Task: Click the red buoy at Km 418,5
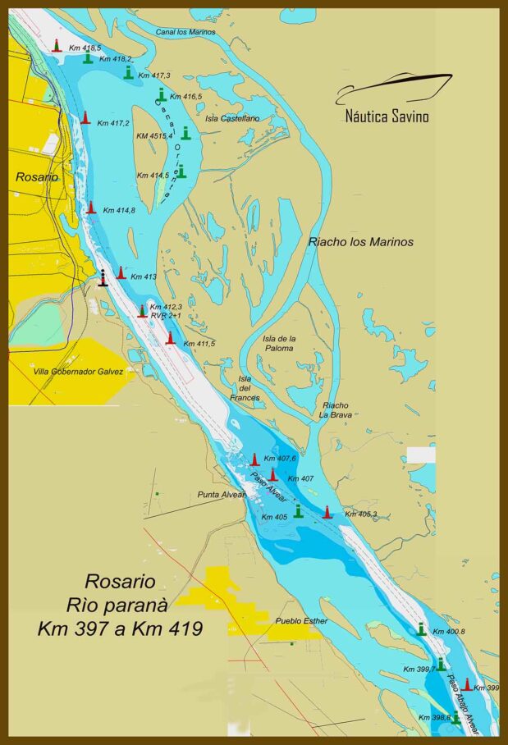click(x=57, y=46)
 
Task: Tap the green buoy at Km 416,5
click(x=162, y=95)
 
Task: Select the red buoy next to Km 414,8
click(x=91, y=208)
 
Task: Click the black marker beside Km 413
click(x=103, y=278)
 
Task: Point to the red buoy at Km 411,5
click(x=171, y=338)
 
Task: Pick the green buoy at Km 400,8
click(x=422, y=629)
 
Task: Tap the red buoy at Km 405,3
click(x=327, y=512)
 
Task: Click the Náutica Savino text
click(x=387, y=117)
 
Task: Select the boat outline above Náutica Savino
click(x=394, y=87)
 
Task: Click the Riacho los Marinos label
click(x=360, y=242)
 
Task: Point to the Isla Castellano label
click(x=232, y=118)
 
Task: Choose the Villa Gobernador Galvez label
click(x=78, y=372)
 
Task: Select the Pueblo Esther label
click(x=301, y=621)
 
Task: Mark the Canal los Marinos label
click(x=185, y=32)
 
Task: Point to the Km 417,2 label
click(x=113, y=124)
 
